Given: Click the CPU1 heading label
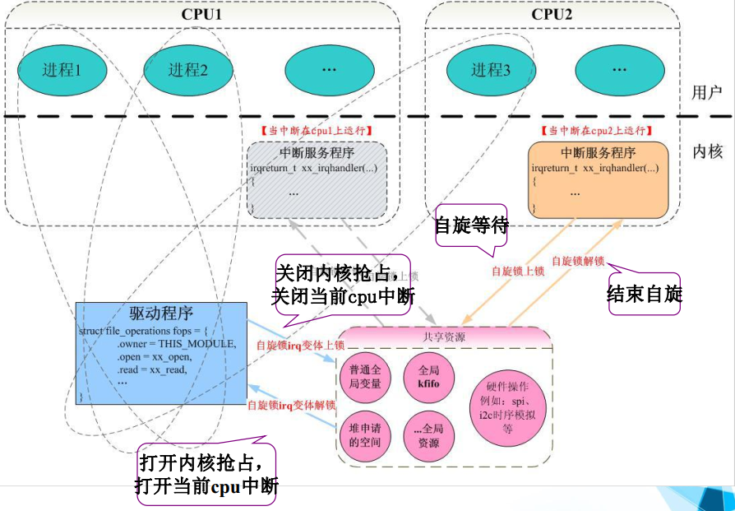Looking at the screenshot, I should pyautogui.click(x=201, y=14).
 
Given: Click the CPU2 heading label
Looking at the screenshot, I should pyautogui.click(x=552, y=14).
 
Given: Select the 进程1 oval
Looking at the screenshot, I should pyautogui.click(x=62, y=70).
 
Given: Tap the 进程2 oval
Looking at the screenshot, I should pyautogui.click(x=187, y=70).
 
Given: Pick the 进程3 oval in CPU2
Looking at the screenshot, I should pyautogui.click(x=491, y=70).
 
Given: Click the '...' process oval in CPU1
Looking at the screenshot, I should pyautogui.click(x=329, y=70).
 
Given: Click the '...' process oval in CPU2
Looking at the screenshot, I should pyautogui.click(x=619, y=70).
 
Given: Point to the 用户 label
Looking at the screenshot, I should pyautogui.click(x=706, y=92).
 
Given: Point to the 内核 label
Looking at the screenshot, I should pyautogui.click(x=707, y=152).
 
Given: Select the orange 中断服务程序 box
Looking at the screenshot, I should pyautogui.click(x=598, y=179).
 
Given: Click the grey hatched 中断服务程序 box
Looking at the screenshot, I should pyautogui.click(x=317, y=179).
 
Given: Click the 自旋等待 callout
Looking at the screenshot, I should pyautogui.click(x=471, y=225).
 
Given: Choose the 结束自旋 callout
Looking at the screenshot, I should pyautogui.click(x=645, y=294).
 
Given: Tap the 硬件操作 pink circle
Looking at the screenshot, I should pyautogui.click(x=507, y=408).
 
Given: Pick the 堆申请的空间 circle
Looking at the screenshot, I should pyautogui.click(x=365, y=435).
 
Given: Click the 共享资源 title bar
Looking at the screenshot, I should pyautogui.click(x=443, y=337).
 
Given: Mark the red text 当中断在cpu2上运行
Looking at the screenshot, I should pyautogui.click(x=596, y=130).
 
